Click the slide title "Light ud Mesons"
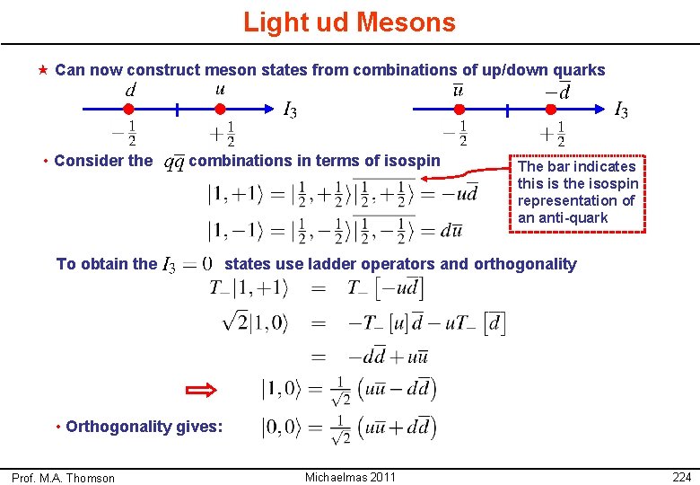pos(349,22)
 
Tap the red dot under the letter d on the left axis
pos(127,110)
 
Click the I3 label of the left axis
pos(290,111)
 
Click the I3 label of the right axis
pos(620,111)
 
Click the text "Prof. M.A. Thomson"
pos(63,478)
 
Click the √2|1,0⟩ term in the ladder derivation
pos(254,322)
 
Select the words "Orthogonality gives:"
pos(144,427)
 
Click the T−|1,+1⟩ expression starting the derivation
pos(249,288)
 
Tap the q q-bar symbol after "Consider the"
pos(172,162)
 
